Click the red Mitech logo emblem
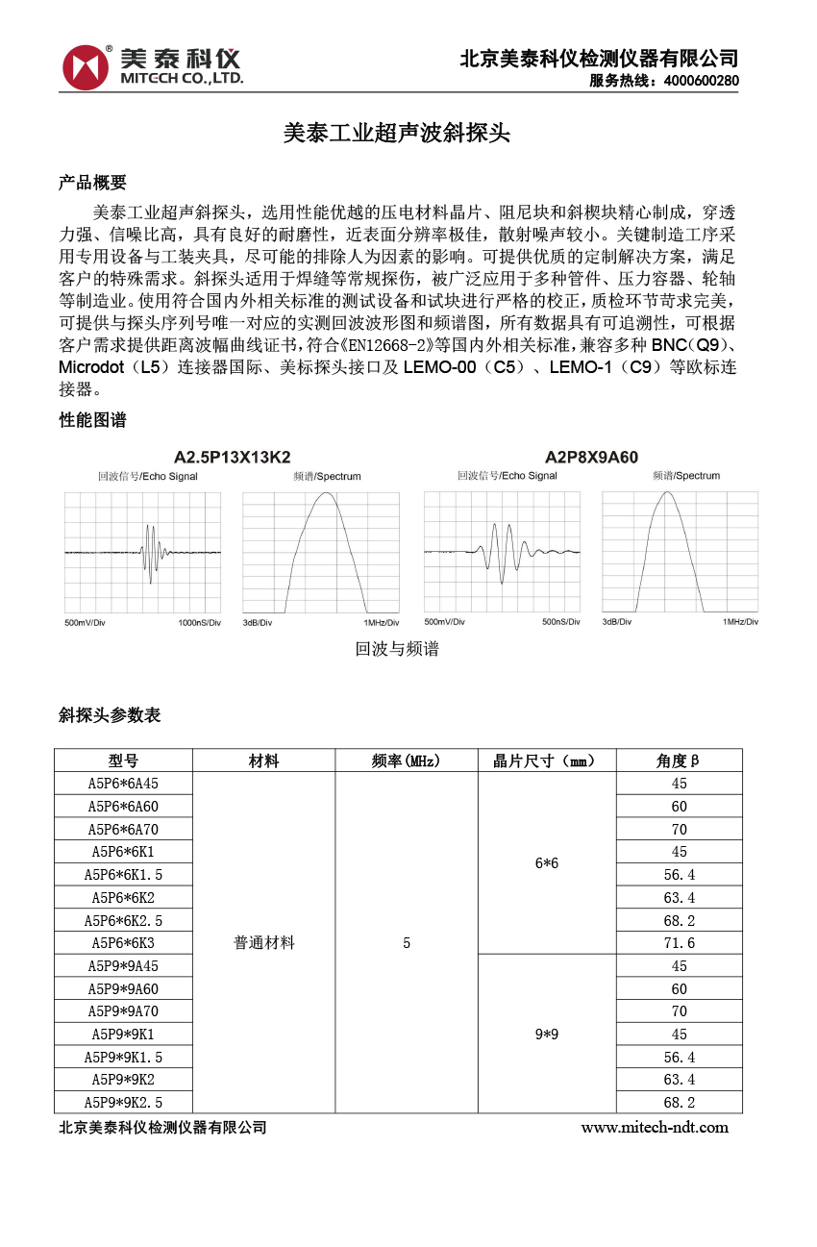[x=86, y=67]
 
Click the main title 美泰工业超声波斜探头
[x=396, y=134]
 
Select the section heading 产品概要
[x=92, y=183]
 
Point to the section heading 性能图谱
[x=92, y=420]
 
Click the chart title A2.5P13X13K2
[x=232, y=457]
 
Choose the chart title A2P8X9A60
[x=591, y=457]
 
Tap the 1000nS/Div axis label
[x=200, y=623]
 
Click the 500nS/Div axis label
[x=560, y=622]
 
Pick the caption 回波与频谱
[x=396, y=649]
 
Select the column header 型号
[x=123, y=761]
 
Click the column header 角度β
[x=679, y=761]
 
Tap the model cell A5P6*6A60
[x=123, y=806]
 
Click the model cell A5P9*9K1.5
[x=123, y=1057]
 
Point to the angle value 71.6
[x=679, y=943]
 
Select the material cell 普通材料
[x=264, y=943]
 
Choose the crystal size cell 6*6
[x=547, y=863]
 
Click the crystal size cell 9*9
[x=547, y=1035]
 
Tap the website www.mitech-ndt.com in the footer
[x=655, y=1127]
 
